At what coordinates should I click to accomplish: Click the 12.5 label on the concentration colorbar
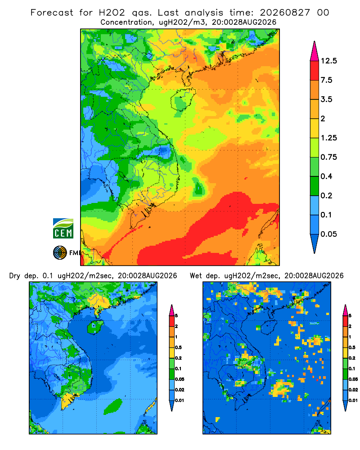[x=328, y=61]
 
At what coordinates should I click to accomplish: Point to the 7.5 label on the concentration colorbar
[x=326, y=80]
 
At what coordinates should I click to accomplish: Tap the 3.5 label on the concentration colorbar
[x=326, y=99]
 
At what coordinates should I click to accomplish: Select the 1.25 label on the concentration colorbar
[x=328, y=138]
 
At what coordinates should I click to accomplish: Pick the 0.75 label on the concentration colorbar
[x=328, y=157]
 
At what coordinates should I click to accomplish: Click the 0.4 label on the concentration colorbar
[x=326, y=176]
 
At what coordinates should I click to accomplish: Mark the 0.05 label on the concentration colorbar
[x=328, y=234]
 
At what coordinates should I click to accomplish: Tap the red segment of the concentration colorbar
[x=315, y=71]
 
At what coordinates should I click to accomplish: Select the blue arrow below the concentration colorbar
[x=315, y=242]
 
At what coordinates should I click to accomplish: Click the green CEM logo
[x=63, y=229]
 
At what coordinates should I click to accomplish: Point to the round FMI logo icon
[x=60, y=253]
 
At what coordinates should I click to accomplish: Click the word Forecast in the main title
[x=52, y=13]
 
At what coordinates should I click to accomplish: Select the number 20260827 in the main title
[x=285, y=13]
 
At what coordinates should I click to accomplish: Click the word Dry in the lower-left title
[x=15, y=276]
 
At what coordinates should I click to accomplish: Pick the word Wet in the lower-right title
[x=196, y=276]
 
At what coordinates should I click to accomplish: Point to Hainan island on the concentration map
[x=183, y=99]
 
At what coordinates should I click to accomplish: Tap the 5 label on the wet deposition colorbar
[x=350, y=316]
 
